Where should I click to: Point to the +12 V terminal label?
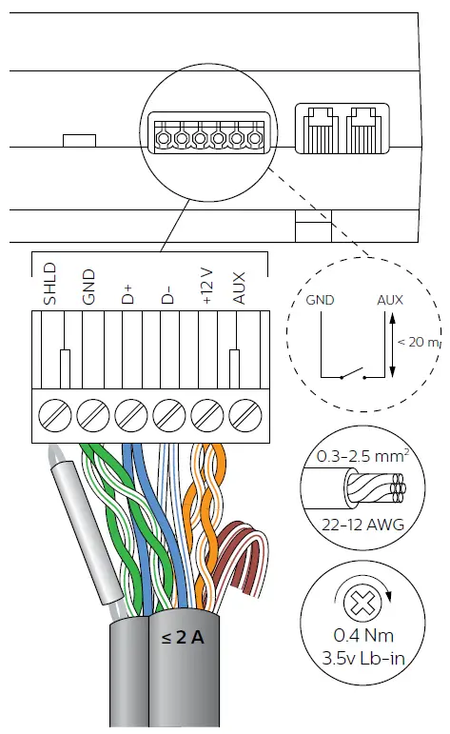pyautogui.click(x=206, y=285)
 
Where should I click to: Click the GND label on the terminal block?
pyautogui.click(x=88, y=287)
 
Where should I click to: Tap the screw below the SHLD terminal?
pyautogui.click(x=54, y=415)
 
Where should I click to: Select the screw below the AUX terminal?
pyautogui.click(x=245, y=415)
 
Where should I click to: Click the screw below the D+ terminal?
pyautogui.click(x=130, y=415)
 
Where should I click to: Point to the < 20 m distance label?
pyautogui.click(x=415, y=342)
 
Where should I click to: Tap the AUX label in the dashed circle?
pyautogui.click(x=389, y=301)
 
